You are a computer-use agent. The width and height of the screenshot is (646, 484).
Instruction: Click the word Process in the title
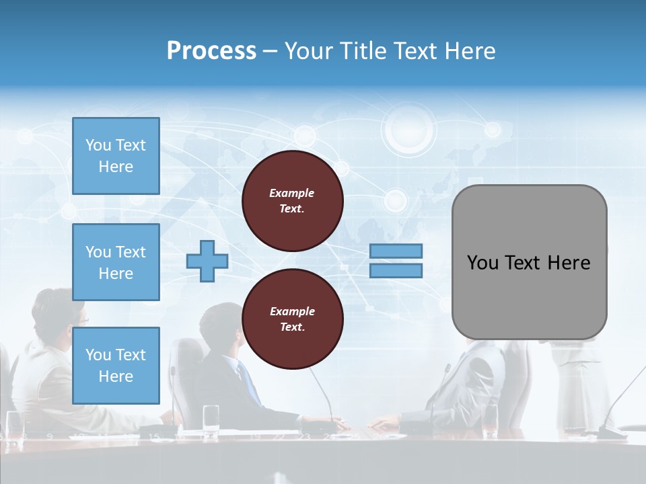211,51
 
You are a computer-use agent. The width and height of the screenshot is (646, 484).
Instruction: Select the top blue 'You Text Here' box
116,156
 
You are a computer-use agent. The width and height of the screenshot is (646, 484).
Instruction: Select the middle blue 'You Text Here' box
116,262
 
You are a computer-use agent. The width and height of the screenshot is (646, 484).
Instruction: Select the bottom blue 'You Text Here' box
116,365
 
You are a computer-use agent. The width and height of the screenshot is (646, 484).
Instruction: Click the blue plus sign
207,261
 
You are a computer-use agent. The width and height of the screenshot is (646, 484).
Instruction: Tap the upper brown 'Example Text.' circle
293,201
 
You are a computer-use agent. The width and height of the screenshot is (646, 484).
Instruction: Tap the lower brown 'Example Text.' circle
293,319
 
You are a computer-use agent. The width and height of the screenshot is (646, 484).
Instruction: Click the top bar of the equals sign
396,251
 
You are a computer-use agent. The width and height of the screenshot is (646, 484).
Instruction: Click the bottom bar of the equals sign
396,271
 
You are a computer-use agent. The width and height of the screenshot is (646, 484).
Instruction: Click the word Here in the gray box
569,263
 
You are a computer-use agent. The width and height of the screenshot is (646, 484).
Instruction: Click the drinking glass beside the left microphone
211,417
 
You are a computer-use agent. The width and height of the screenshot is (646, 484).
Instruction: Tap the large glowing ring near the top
408,128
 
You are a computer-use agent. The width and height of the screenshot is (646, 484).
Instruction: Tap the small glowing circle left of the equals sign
395,200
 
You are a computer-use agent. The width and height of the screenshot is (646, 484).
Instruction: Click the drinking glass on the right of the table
490,417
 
